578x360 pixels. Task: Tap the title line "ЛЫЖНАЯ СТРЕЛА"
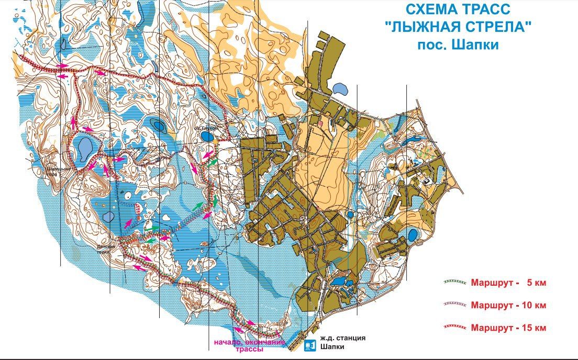458,27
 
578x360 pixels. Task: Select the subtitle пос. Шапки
458,44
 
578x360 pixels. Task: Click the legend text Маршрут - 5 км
508,283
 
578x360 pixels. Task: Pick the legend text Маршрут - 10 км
508,305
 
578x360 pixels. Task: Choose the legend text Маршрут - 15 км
508,328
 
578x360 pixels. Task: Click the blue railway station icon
309,345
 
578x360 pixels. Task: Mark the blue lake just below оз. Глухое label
207,137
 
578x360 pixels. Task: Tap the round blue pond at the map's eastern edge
413,235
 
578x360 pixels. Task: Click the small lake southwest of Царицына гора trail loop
108,216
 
